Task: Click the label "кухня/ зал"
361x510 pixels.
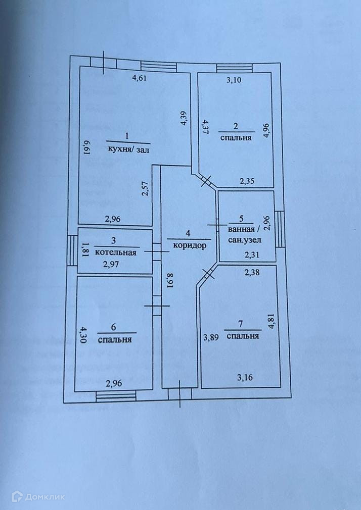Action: [129, 149]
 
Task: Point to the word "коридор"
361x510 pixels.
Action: [190, 246]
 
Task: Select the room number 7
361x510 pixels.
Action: [244, 326]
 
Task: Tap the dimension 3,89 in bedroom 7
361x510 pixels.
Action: [212, 338]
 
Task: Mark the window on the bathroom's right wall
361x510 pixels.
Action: [279, 228]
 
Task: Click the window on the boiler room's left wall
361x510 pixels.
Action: [72, 251]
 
